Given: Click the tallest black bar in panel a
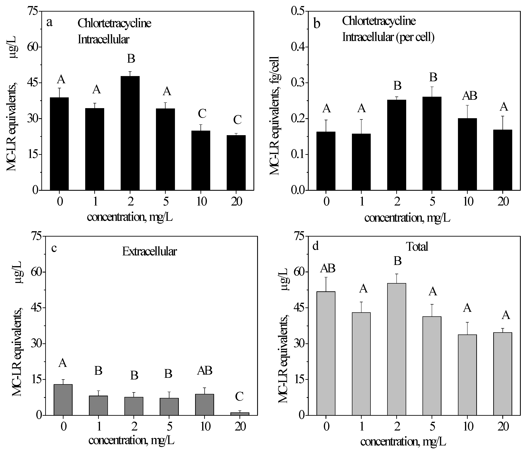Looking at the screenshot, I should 130,133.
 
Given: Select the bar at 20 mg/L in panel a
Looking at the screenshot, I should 236,163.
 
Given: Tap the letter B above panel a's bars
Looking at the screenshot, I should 131,59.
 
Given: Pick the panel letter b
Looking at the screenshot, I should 317,24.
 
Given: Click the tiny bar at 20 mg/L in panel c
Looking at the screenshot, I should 240,414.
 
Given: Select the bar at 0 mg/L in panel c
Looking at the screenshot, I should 63,400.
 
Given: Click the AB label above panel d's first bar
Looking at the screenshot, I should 328,268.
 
